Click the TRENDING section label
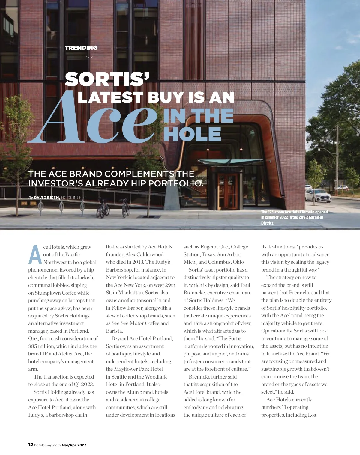coord(81,48)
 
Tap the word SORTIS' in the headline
coord(107,79)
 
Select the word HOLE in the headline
coord(192,134)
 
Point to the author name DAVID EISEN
coord(47,198)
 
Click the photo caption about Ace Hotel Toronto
coord(294,217)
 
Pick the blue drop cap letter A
coord(35,255)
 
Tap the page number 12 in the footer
coord(31,445)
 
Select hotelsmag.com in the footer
coord(47,445)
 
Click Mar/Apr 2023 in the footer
coord(74,445)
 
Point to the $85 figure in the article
coord(33,346)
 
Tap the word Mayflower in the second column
coord(126,369)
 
